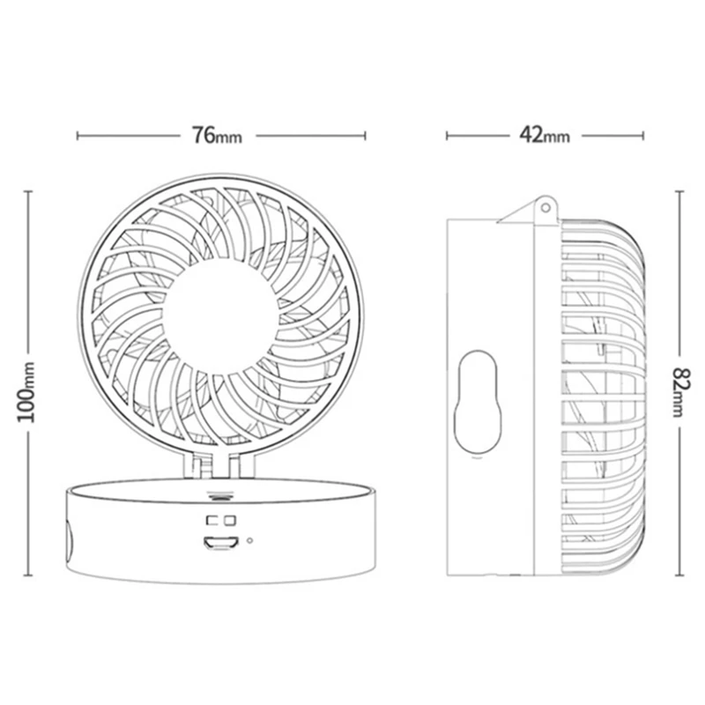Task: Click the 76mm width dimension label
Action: (217, 135)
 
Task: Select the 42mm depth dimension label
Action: (545, 135)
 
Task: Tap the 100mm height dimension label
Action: (26, 391)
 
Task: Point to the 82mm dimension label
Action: (679, 392)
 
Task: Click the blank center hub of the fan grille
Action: (219, 316)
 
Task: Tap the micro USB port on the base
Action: (219, 543)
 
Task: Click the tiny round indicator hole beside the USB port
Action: (249, 540)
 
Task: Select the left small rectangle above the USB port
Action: (211, 520)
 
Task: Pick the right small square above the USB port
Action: (230, 520)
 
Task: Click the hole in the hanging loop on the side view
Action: (545, 208)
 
